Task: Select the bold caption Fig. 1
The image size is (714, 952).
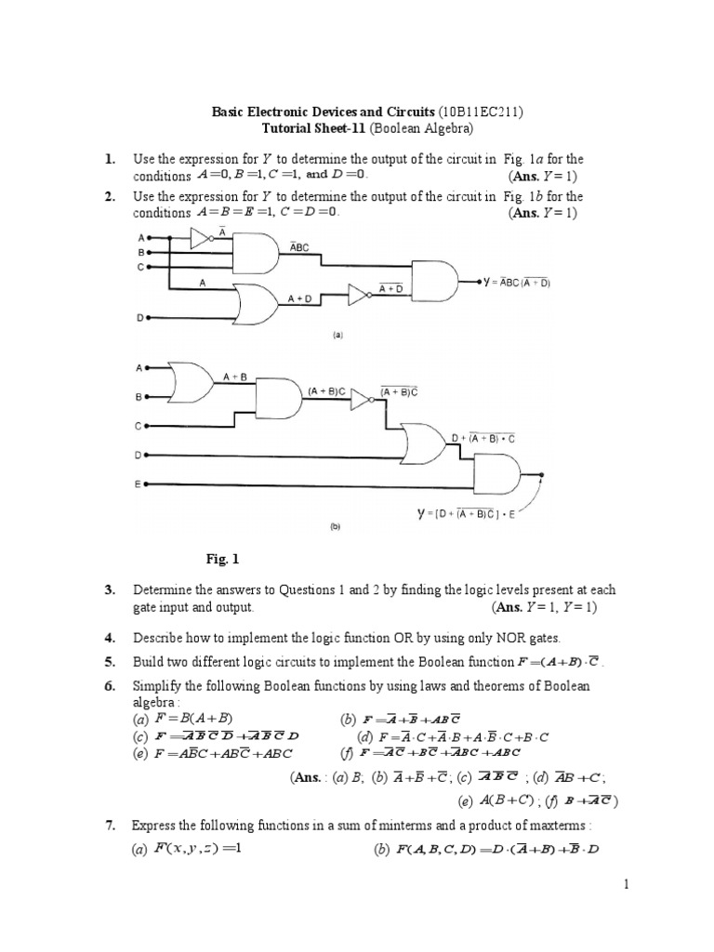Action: tap(222, 559)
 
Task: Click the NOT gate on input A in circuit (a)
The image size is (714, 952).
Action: tap(200, 239)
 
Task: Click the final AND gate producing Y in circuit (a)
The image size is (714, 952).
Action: tap(434, 279)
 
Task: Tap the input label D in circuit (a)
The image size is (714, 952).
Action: tap(141, 318)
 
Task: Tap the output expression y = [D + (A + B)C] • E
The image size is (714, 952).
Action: tap(464, 512)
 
